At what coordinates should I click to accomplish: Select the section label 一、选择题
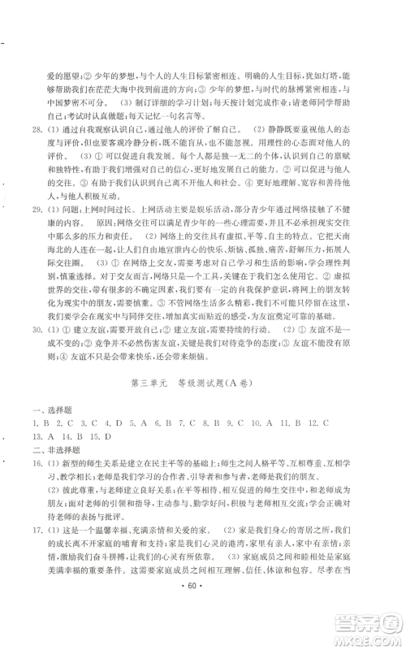(48, 411)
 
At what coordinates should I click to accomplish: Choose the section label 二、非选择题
(51, 449)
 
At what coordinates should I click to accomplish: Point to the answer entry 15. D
(106, 436)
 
